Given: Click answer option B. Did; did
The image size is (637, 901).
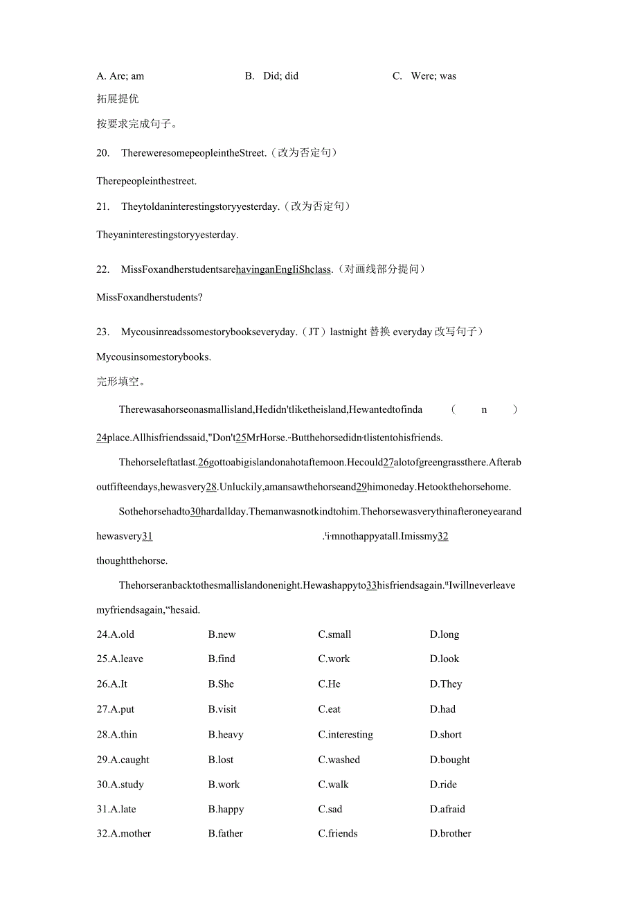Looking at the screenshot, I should click(271, 76).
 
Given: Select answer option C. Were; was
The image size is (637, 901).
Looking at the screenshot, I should click(424, 76).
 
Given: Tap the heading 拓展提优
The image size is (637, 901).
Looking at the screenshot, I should click(118, 99).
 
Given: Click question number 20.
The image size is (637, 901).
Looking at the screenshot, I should click(103, 153).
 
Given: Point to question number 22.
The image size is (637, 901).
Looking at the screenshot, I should click(103, 269).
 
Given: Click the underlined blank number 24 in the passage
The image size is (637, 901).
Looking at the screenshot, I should click(102, 438).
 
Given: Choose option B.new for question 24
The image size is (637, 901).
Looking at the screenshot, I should click(222, 634).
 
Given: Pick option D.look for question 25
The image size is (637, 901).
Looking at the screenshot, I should click(444, 659).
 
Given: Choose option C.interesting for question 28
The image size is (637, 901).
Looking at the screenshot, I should click(345, 735).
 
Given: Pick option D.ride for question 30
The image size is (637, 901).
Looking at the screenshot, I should click(443, 785).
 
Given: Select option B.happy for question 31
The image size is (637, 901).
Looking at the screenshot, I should click(226, 809).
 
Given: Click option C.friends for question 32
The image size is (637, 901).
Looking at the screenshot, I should click(338, 834).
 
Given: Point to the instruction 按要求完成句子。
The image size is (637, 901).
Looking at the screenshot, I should click(137, 125).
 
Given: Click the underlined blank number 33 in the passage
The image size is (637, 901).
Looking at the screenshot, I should click(371, 585).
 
